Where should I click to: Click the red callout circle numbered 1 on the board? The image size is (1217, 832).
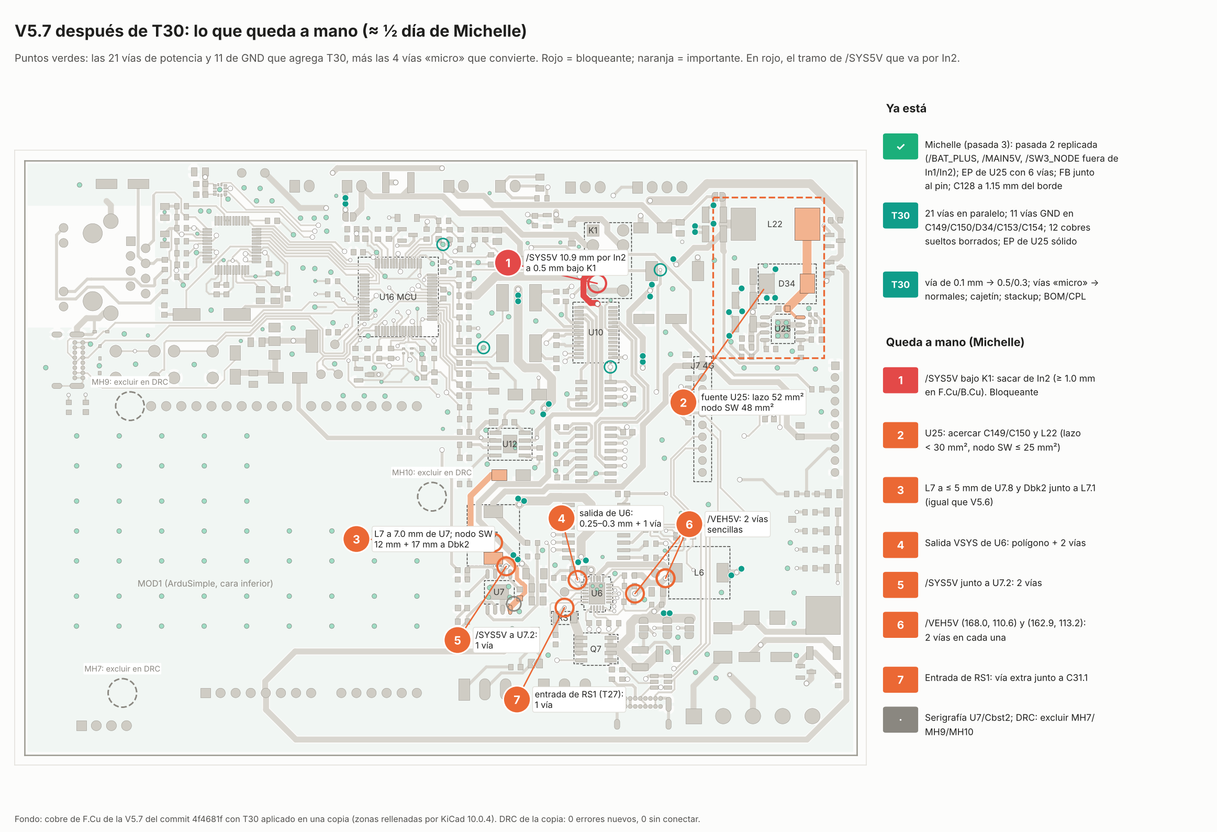point(507,263)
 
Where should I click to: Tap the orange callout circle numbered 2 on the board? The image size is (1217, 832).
point(683,402)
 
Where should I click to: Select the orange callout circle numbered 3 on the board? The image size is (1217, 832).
point(356,539)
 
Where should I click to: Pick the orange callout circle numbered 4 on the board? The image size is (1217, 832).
point(561,519)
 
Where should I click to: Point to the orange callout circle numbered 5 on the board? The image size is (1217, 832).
point(457,640)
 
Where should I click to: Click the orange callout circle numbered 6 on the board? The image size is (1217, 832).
point(689,524)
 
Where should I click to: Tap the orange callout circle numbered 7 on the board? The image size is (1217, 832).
point(516,700)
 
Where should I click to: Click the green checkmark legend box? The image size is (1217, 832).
point(900,147)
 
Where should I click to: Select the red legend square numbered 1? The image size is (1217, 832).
point(900,380)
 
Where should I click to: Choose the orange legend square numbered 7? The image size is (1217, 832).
point(900,680)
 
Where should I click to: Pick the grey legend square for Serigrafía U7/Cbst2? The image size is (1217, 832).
point(900,719)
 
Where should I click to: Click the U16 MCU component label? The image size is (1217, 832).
point(398,297)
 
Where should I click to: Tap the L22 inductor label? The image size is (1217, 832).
point(775,224)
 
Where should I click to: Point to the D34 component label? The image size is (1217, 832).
point(786,283)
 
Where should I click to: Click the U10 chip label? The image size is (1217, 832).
point(595,332)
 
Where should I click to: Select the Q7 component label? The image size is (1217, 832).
point(595,649)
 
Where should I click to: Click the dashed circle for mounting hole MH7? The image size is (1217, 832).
point(122,679)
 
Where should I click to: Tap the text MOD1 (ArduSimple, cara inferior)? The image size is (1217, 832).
point(205,583)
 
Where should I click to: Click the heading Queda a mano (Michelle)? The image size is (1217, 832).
point(955,342)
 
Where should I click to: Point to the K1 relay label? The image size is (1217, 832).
point(593,230)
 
